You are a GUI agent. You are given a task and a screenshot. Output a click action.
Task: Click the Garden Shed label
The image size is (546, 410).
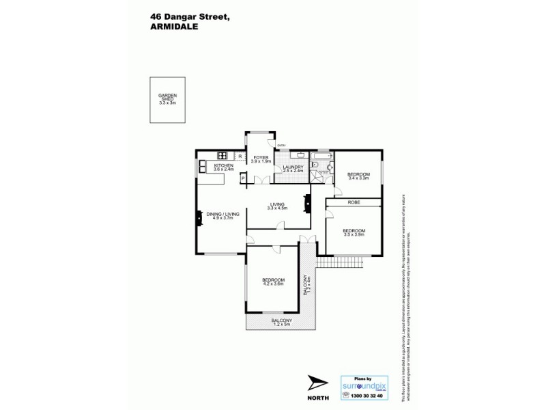pyautogui.click(x=167, y=99)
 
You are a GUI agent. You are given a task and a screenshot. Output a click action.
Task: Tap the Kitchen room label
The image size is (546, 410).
pyautogui.click(x=225, y=167)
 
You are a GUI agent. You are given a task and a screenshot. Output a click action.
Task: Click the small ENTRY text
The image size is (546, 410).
pyautogui.click(x=282, y=145)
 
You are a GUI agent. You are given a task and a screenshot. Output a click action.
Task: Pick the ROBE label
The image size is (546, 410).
pyautogui.click(x=354, y=203)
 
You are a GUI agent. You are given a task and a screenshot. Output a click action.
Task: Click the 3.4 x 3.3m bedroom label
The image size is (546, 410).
pyautogui.click(x=358, y=177)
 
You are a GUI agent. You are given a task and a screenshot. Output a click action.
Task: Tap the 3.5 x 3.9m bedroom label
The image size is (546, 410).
pyautogui.click(x=354, y=233)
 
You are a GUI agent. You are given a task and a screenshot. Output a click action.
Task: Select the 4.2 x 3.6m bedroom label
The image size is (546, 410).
pyautogui.click(x=273, y=282)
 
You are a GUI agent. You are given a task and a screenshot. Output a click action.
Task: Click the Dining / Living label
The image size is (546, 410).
pyautogui.click(x=223, y=217)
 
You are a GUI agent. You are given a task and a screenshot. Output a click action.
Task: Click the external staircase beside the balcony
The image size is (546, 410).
pyautogui.click(x=334, y=263)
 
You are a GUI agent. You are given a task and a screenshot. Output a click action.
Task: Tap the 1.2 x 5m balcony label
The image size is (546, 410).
pyautogui.click(x=281, y=322)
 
